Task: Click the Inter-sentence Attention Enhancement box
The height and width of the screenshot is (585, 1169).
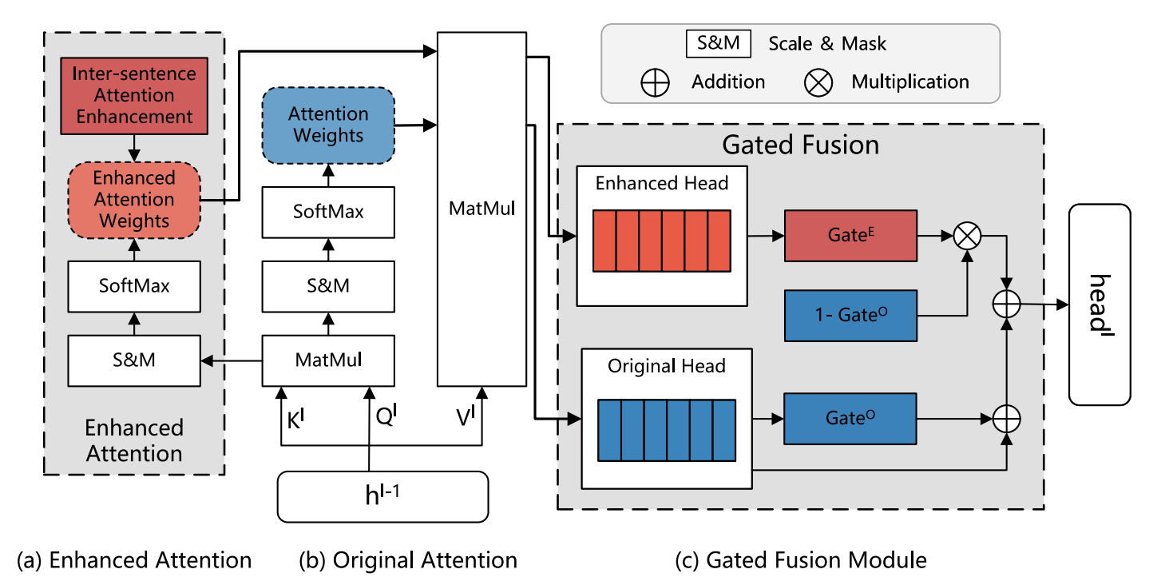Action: point(134,95)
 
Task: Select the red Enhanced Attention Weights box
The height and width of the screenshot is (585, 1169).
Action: point(134,199)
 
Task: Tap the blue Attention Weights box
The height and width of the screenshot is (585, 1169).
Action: point(328,125)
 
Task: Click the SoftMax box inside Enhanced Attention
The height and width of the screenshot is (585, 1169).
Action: point(134,285)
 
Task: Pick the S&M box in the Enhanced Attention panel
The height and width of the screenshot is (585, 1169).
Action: point(134,360)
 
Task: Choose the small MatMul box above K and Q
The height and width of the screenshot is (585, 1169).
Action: point(328,360)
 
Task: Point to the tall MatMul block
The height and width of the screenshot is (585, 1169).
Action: point(481,209)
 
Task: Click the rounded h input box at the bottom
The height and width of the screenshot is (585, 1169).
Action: point(382,496)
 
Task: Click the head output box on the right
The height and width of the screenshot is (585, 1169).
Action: point(1100,304)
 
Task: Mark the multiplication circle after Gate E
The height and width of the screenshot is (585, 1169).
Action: point(968,236)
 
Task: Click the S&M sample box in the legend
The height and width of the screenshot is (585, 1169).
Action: point(719,43)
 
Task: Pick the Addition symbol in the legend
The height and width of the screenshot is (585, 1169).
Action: point(656,82)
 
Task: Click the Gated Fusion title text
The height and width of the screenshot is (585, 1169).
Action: point(800,145)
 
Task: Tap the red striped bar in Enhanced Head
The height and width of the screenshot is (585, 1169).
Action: point(662,241)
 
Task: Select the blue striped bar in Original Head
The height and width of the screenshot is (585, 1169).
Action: point(667,430)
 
